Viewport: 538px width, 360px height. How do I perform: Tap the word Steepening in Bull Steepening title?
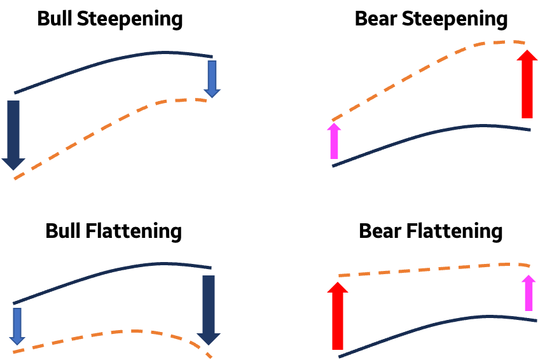click(x=130, y=20)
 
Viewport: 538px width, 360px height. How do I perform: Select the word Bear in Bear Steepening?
click(x=376, y=18)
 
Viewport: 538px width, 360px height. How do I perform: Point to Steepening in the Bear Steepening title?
click(x=455, y=20)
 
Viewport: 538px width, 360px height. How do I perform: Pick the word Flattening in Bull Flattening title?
click(x=134, y=232)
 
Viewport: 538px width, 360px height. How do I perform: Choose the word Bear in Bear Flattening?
click(x=380, y=231)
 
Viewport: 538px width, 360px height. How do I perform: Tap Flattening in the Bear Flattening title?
click(x=454, y=232)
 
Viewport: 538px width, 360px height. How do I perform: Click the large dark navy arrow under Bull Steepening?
click(x=13, y=135)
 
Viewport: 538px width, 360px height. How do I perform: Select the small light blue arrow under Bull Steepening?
click(x=212, y=80)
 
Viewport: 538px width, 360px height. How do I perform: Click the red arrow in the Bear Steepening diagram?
click(x=527, y=84)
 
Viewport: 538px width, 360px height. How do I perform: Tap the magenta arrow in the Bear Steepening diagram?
click(x=335, y=141)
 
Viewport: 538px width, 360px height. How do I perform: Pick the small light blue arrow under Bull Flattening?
click(x=17, y=326)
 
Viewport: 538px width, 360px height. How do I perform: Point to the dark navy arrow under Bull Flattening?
click(x=209, y=310)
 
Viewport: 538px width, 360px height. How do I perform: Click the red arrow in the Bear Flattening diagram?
click(x=338, y=316)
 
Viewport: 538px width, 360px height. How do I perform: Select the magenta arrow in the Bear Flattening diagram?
click(x=528, y=293)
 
